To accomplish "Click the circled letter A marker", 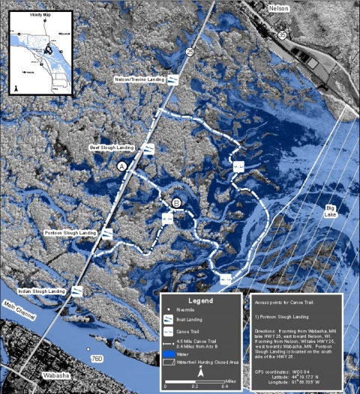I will pyautogui.click(x=121, y=168).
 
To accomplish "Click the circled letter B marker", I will pyautogui.click(x=176, y=202).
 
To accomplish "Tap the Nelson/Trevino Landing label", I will pyautogui.click(x=139, y=79).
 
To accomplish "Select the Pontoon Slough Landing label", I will pyautogui.click(x=69, y=233).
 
